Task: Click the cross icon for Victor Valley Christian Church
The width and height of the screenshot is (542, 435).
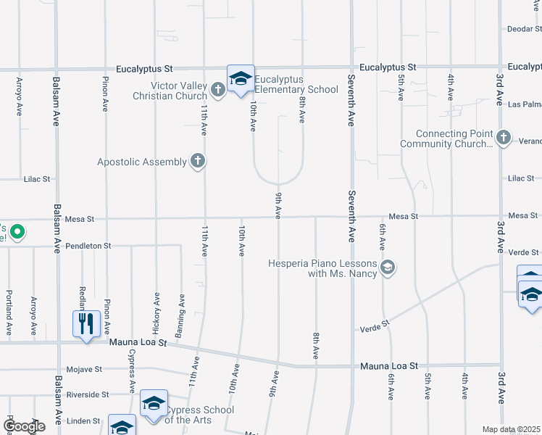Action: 218,91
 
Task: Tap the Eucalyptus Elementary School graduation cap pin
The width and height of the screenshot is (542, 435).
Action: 241,79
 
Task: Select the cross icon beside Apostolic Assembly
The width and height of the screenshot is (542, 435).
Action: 197,161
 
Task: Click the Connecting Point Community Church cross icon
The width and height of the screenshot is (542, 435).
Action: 504,137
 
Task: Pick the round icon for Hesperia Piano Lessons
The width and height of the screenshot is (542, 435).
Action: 388,268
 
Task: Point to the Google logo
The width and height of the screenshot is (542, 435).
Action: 24,426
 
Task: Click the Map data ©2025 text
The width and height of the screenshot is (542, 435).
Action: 511,429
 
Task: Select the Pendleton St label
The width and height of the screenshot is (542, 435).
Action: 88,246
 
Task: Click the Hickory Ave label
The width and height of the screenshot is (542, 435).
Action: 157,307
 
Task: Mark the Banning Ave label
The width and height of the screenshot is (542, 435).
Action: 181,307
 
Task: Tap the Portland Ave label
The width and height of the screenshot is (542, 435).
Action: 9,312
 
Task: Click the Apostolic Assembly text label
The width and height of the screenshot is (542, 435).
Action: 142,162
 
